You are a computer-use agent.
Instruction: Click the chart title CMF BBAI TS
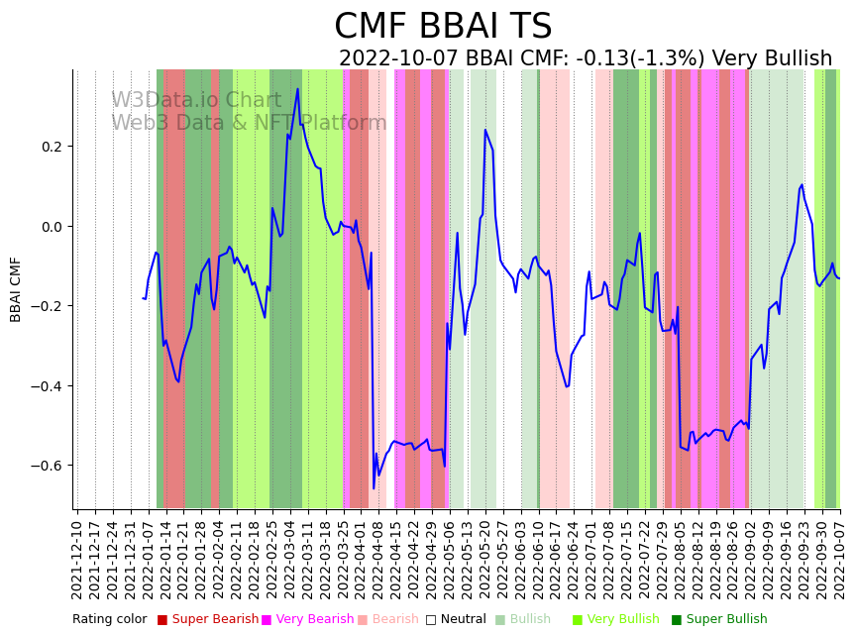[x=442, y=27]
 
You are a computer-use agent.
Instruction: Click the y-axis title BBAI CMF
[x=16, y=289]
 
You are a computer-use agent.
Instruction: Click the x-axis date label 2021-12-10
[x=77, y=556]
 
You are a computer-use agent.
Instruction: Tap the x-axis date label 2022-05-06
[x=448, y=556]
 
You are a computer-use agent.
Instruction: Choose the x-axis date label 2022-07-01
[x=590, y=556]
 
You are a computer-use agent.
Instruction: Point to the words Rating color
[x=109, y=620]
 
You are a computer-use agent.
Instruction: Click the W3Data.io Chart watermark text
[x=196, y=100]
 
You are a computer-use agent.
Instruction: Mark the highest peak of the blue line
[x=297, y=89]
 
